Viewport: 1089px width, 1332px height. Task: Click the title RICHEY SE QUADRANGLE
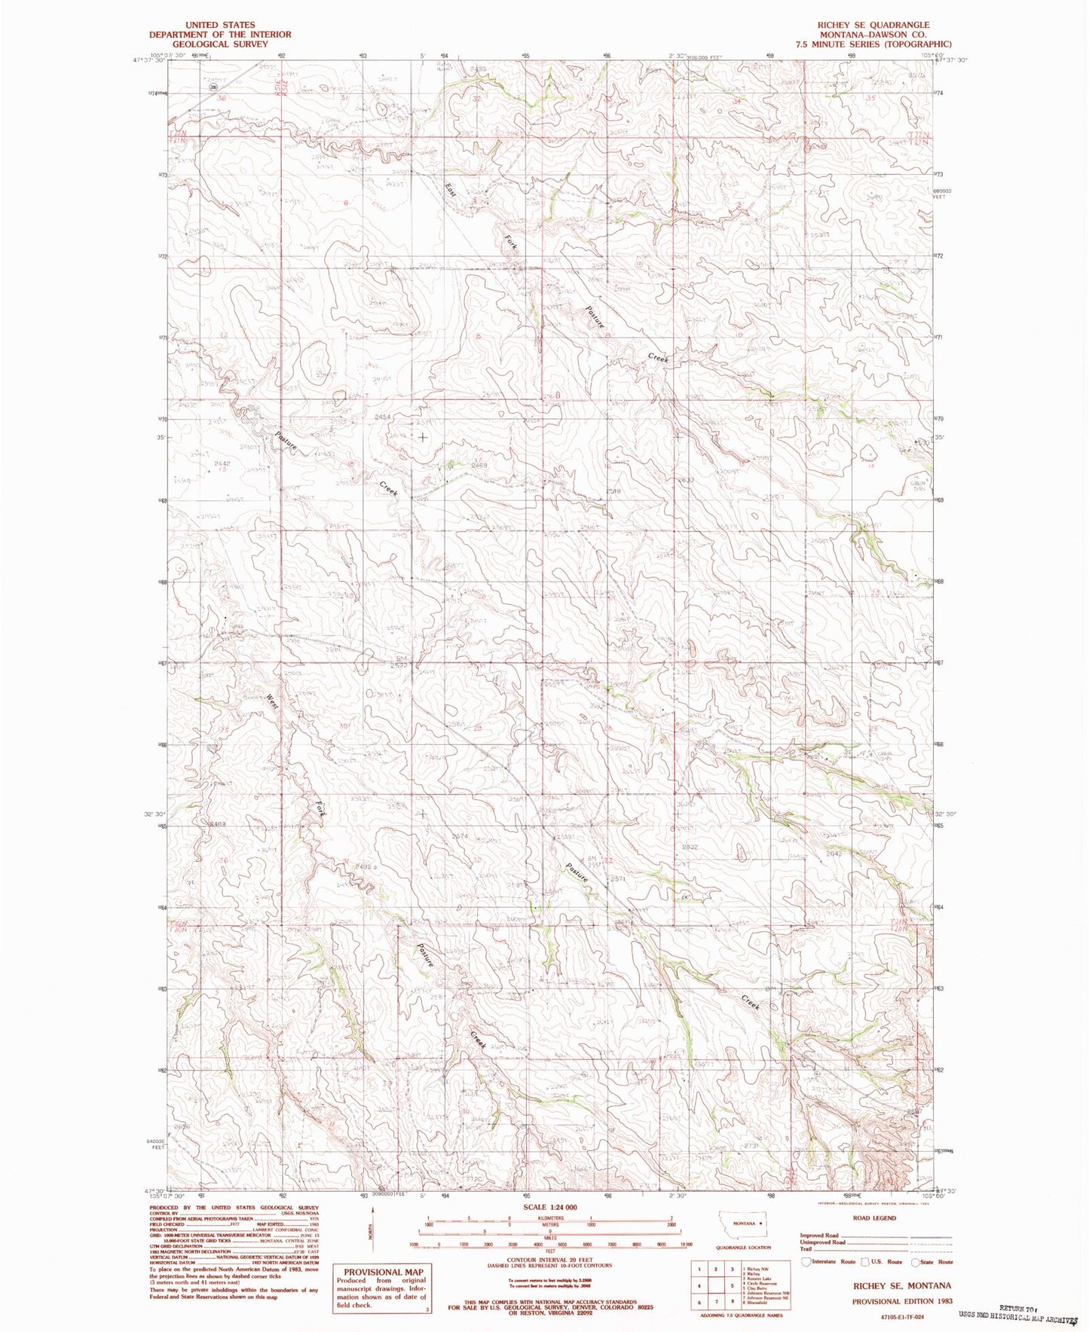[873, 24]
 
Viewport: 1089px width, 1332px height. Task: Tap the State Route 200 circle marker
[213, 87]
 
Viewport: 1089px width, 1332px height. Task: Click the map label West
[271, 702]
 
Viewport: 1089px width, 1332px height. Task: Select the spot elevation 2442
[221, 463]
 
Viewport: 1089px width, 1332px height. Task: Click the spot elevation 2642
[833, 854]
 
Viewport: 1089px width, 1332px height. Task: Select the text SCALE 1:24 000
[549, 1207]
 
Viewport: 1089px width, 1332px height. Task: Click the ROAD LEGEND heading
[874, 1218]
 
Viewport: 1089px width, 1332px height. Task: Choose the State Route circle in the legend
[915, 1262]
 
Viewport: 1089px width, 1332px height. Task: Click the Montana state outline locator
[745, 1224]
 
